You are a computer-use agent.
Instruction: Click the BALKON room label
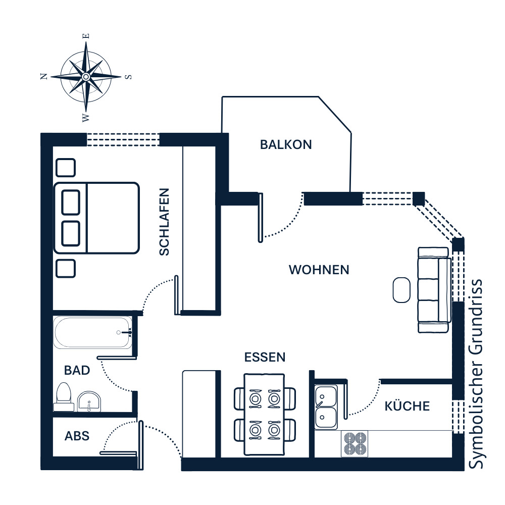click(x=286, y=144)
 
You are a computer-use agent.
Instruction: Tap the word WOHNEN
click(x=319, y=270)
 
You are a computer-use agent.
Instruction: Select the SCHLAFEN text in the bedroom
click(x=164, y=222)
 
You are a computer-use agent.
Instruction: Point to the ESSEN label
click(x=265, y=357)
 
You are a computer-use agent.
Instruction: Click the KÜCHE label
click(x=407, y=406)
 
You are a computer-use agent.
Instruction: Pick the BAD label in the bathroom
click(x=77, y=370)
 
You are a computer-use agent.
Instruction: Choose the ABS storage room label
click(x=77, y=436)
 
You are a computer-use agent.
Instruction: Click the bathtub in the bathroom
click(x=93, y=333)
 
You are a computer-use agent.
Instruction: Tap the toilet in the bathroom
click(x=64, y=397)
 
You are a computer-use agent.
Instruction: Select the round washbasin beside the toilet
click(x=89, y=401)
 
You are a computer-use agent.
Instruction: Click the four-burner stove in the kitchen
click(x=355, y=444)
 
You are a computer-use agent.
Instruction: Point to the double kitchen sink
click(x=326, y=408)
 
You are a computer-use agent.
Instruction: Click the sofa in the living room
click(x=434, y=290)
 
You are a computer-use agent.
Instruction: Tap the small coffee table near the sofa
click(x=401, y=290)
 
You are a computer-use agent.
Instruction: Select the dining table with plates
click(x=265, y=415)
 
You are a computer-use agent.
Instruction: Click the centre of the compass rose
click(x=86, y=77)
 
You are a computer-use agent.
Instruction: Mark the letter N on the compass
click(x=44, y=76)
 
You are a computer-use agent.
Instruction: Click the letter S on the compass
click(x=128, y=77)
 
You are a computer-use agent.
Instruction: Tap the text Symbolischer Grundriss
click(x=475, y=374)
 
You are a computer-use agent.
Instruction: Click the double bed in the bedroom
click(x=96, y=218)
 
